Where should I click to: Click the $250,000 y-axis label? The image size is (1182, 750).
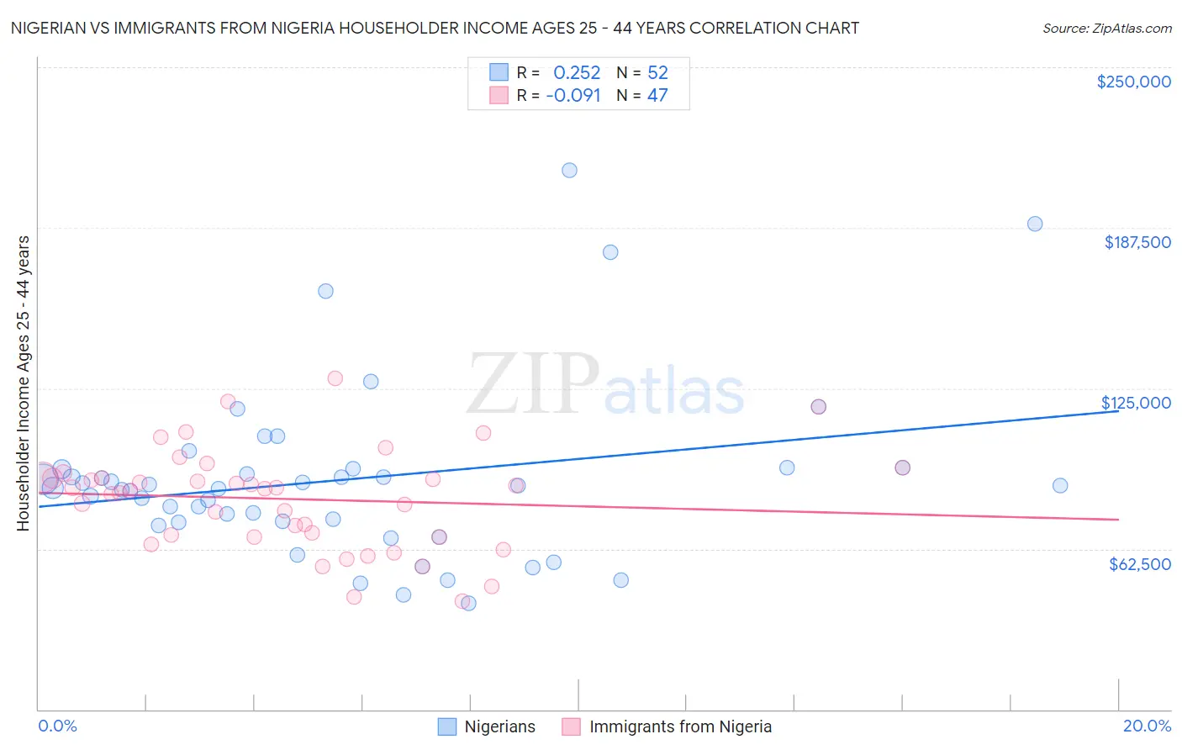(x=1133, y=82)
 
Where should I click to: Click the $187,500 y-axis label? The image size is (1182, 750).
(x=1137, y=242)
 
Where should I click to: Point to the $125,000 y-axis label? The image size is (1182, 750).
(x=1136, y=403)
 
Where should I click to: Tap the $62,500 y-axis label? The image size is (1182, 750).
(x=1139, y=564)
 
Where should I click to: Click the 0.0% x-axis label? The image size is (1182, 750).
(x=57, y=726)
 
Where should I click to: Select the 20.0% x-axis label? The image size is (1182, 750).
(x=1147, y=726)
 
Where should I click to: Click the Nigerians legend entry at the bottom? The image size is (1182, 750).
(x=499, y=726)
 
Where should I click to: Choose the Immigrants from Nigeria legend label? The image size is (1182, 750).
(x=680, y=726)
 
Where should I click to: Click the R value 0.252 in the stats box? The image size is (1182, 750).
(x=577, y=72)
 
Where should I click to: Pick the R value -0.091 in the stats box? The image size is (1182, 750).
(x=573, y=96)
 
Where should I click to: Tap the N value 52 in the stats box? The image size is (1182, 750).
(x=657, y=72)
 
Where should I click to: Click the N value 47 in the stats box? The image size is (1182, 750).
(x=657, y=96)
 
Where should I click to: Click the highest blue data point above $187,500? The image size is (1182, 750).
(x=569, y=170)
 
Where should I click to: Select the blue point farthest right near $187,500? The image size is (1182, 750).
(x=1035, y=224)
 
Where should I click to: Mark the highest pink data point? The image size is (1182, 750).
(x=335, y=378)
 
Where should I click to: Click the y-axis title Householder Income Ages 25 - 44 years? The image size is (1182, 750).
(x=24, y=383)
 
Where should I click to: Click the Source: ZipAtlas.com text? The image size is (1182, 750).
(x=1106, y=29)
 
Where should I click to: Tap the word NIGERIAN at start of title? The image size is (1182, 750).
(x=50, y=29)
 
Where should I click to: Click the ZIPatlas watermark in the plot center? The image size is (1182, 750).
(x=605, y=386)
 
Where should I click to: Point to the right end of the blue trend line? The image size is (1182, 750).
(x=1117, y=410)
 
